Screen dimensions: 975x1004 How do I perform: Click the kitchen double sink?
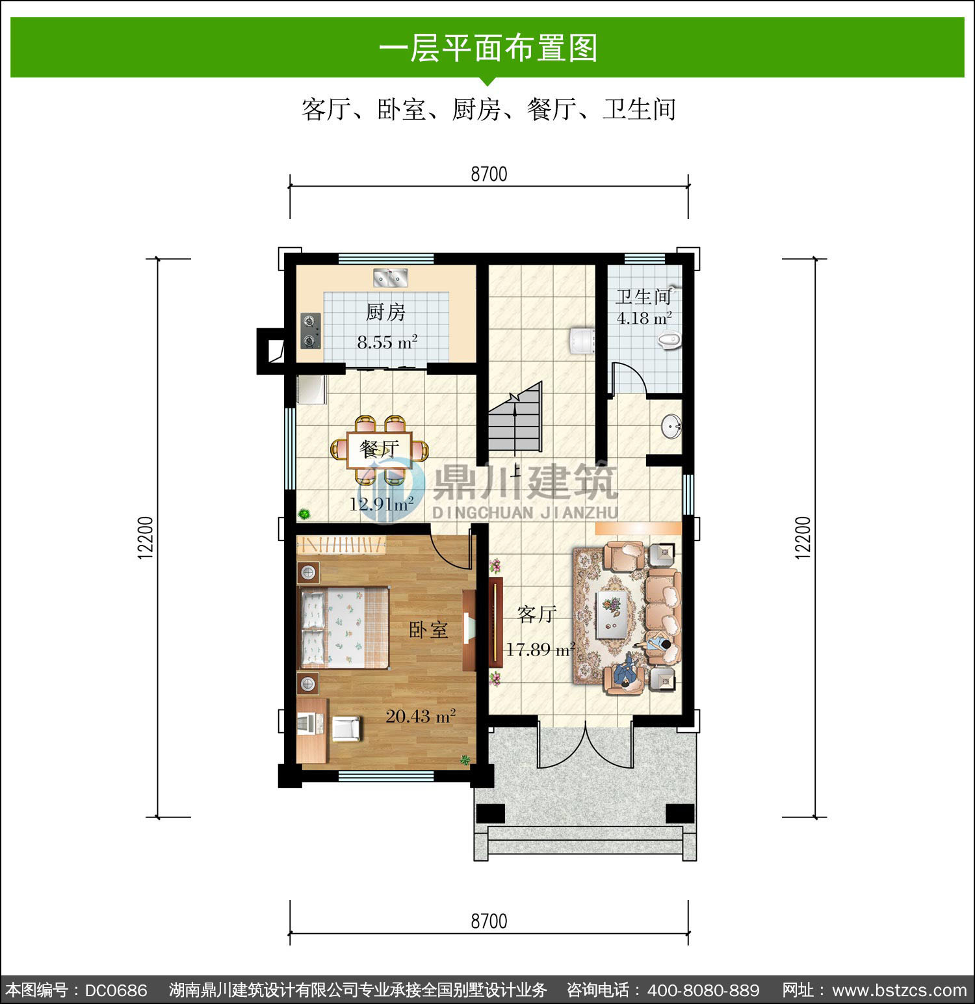tap(390, 278)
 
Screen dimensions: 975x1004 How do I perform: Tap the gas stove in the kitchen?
tap(311, 330)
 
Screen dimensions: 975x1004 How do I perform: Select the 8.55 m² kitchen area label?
tap(387, 342)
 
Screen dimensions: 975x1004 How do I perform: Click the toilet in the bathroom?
tap(670, 339)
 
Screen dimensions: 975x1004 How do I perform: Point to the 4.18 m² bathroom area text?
tap(644, 319)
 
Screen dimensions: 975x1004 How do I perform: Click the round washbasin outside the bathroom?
tap(671, 427)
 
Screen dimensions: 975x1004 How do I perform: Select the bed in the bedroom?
tap(343, 627)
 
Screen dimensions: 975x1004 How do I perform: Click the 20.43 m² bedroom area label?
tap(421, 716)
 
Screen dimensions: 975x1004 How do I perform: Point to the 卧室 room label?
tap(428, 629)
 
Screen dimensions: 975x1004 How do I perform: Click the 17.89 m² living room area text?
tap(540, 649)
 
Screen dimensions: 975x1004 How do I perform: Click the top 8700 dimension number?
tap(489, 174)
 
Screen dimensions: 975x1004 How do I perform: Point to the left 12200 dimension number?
tap(146, 537)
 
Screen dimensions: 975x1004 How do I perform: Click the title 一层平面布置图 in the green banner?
tap(488, 48)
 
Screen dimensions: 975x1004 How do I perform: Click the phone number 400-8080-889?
tap(703, 990)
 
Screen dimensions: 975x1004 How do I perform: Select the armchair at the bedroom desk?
tap(346, 728)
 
